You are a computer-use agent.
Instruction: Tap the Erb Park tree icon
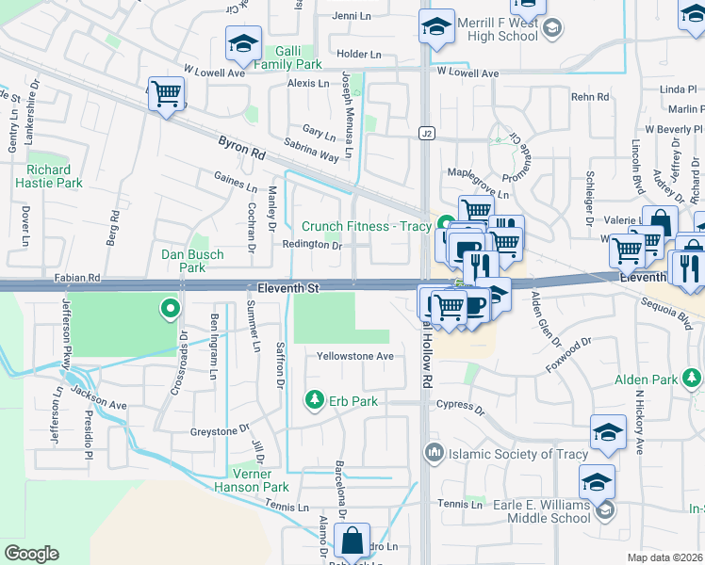[314, 400]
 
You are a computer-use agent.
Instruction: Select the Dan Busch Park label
[192, 261]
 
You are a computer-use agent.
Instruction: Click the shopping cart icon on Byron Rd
[166, 94]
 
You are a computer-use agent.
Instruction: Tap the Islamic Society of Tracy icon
[434, 452]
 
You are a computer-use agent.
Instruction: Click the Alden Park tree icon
[694, 379]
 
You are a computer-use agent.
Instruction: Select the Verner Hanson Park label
[258, 480]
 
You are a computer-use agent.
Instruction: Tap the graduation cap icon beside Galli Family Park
[242, 43]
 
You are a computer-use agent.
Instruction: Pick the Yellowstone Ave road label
[354, 356]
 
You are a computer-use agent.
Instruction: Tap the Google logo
[31, 553]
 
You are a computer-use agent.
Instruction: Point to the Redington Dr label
[311, 245]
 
